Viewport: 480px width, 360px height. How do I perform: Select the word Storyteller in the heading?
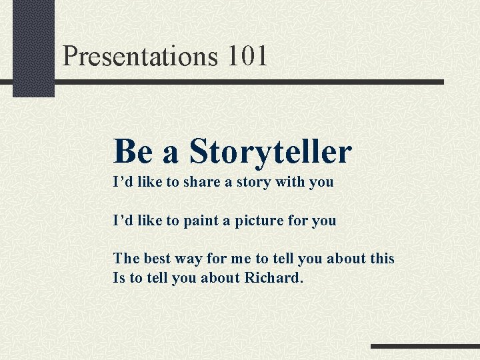tap(270, 151)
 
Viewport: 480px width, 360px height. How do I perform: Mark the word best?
tap(157, 258)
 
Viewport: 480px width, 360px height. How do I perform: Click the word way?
tap(189, 259)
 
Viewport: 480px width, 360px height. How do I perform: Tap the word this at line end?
tap(381, 258)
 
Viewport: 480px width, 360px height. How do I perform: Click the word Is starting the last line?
tap(119, 277)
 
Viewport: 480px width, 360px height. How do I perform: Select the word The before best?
tap(126, 258)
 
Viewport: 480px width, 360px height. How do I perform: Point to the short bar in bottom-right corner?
tap(425, 347)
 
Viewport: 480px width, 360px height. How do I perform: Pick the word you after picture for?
tap(324, 221)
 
